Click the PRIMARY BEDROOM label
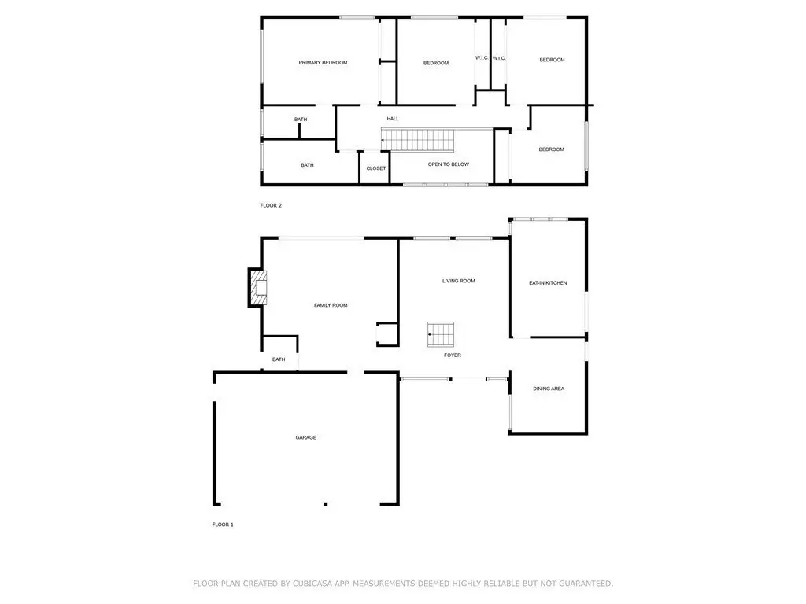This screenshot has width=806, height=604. (323, 63)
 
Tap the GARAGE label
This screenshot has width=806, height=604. (306, 437)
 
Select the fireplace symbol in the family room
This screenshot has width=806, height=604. (258, 288)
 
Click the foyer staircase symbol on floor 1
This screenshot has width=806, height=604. (441, 334)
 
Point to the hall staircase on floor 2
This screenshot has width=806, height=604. (418, 140)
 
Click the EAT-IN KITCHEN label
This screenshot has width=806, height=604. (548, 283)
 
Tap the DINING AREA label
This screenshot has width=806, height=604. (549, 389)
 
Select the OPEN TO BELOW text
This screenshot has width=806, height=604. (448, 164)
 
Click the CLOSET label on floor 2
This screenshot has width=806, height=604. (375, 168)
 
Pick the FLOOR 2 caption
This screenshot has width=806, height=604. (271, 205)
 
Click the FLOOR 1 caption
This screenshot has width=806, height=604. (223, 525)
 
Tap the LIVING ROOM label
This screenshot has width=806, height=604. (459, 281)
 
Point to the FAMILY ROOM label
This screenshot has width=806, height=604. (331, 305)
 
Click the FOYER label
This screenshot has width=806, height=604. (453, 355)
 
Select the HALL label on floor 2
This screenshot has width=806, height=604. (393, 119)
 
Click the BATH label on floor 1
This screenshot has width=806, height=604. (279, 359)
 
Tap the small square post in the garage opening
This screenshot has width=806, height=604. (325, 504)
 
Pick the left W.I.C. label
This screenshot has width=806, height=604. (482, 58)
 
